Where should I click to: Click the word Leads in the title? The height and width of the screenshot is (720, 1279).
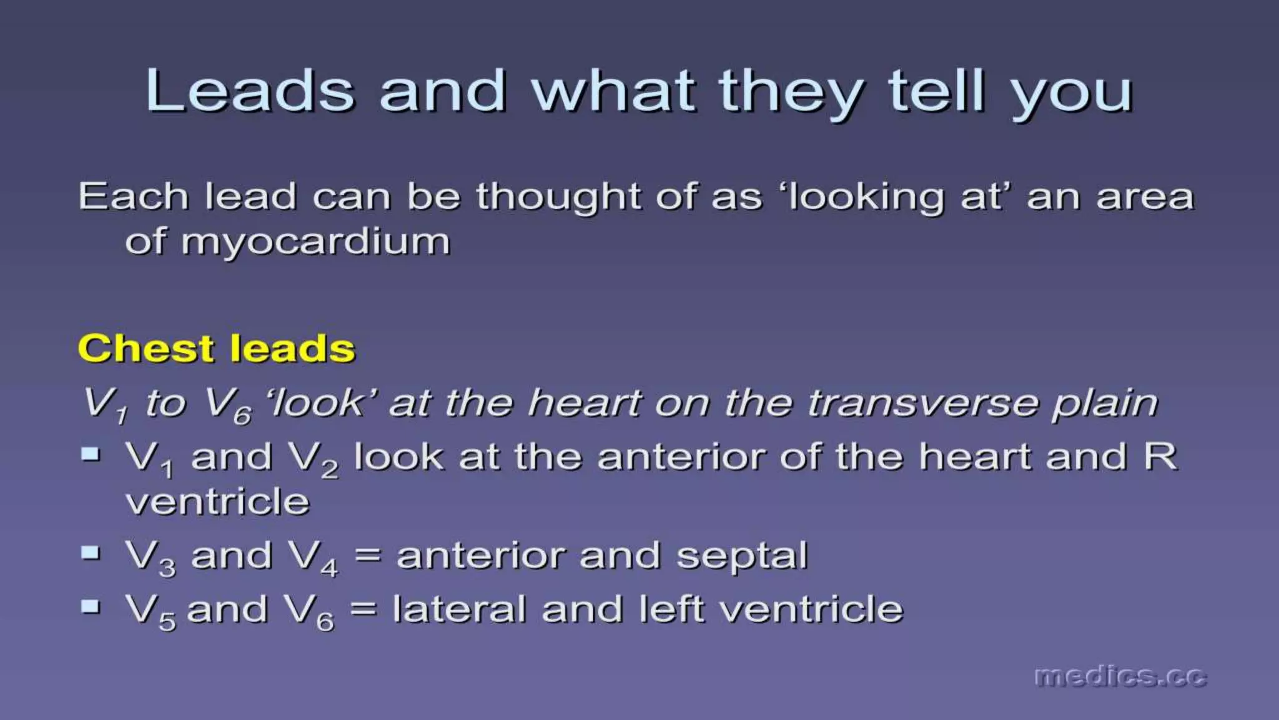click(x=250, y=91)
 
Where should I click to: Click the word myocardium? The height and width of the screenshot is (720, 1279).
click(x=315, y=242)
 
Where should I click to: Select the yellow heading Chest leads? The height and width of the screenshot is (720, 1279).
click(x=216, y=348)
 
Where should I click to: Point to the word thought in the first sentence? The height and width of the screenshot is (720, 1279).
click(x=558, y=197)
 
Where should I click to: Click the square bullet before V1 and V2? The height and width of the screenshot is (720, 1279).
click(x=91, y=454)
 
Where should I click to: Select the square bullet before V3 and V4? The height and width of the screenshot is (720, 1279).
click(x=91, y=552)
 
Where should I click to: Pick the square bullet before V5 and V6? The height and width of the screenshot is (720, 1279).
click(x=91, y=606)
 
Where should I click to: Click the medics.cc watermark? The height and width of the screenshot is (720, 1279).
click(x=1120, y=677)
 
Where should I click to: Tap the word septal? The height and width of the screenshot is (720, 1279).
click(x=742, y=556)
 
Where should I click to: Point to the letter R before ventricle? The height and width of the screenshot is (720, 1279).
click(x=1160, y=457)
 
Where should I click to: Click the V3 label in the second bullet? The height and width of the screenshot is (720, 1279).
click(x=151, y=557)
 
